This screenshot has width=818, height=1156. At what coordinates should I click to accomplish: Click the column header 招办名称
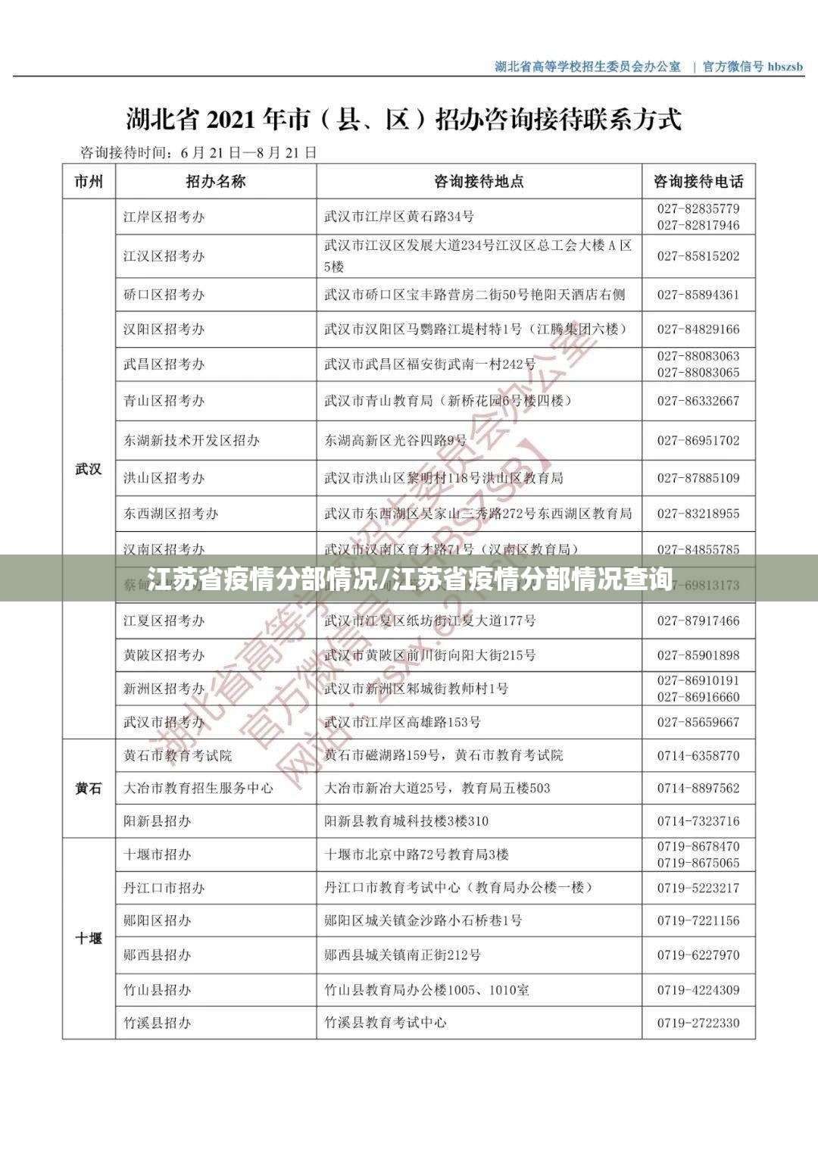coord(216,182)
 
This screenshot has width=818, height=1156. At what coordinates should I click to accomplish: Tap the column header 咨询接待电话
coord(698,182)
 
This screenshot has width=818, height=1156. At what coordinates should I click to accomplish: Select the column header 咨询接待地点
coord(479,182)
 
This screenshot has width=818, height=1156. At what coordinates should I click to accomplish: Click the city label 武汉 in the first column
coord(89,469)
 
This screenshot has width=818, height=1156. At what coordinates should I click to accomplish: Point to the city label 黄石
coord(89,789)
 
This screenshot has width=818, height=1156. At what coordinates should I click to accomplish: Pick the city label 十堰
coord(89,939)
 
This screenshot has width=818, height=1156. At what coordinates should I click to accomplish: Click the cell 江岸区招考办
coord(164,217)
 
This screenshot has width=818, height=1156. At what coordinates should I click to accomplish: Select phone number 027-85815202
coord(698,256)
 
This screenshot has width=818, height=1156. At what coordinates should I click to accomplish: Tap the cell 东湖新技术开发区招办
coord(192,440)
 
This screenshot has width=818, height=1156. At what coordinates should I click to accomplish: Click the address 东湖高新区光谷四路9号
coord(395,440)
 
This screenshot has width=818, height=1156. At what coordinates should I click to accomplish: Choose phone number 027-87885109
coord(698,478)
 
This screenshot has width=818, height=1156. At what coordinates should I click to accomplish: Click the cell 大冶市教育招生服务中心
coord(198,789)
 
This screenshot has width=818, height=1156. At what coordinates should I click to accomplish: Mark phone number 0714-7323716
coord(698,821)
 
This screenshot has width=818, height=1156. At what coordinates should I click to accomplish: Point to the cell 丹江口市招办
coord(164,888)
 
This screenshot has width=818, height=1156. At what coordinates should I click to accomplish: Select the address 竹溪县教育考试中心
coord(386,1023)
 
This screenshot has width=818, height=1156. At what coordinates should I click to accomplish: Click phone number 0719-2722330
coord(698,1023)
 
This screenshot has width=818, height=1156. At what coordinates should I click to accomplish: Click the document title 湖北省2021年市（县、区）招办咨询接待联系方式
coord(403,120)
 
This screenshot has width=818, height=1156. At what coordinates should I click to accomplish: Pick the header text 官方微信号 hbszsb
coord(753,67)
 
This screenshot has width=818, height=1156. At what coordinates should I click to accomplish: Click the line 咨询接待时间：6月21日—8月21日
coord(198,153)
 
